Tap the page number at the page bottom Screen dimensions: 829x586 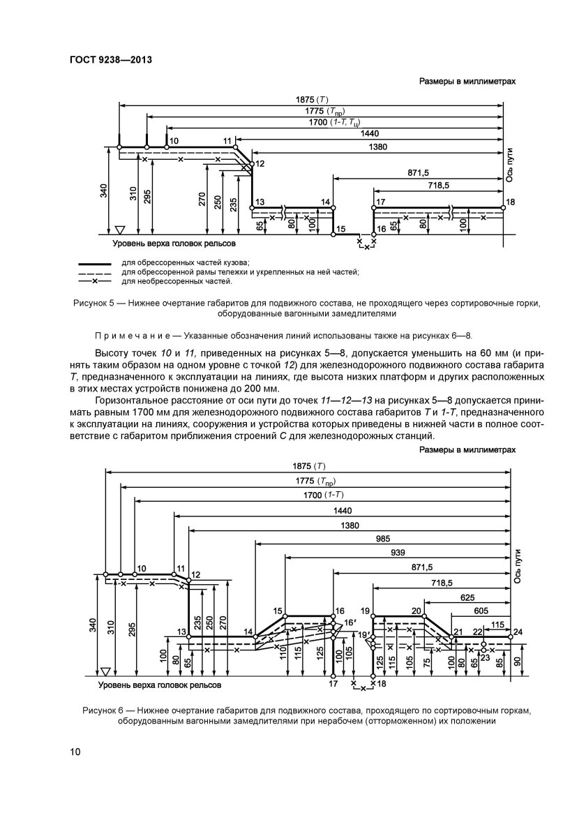(x=75, y=752)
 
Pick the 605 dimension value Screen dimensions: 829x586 (x=480, y=610)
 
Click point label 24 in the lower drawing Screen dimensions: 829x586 (x=517, y=632)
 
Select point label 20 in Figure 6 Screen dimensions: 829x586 (x=416, y=611)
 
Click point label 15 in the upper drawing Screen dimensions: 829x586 (x=340, y=228)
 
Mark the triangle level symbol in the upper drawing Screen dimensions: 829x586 (x=119, y=229)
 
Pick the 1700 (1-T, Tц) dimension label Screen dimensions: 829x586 (x=334, y=123)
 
